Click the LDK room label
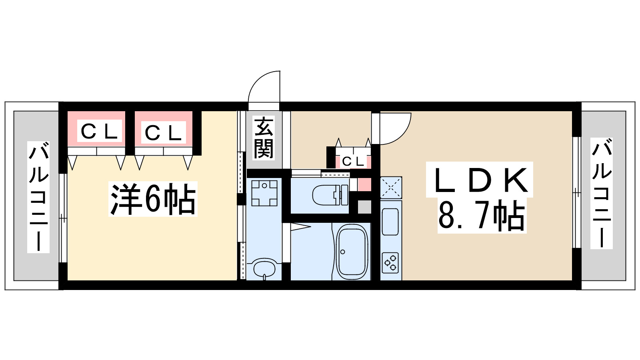pos(479,180)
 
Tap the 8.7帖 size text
pos(482,216)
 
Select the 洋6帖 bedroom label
pos(153,199)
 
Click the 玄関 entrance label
pos(264,138)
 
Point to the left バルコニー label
pos(38,197)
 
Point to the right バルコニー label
pos(602,193)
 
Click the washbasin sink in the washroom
pos(264,268)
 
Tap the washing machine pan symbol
pos(264,193)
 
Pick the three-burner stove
pos(390,262)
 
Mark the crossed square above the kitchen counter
pos(391,187)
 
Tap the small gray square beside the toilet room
pos(364,207)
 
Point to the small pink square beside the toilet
pos(364,185)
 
